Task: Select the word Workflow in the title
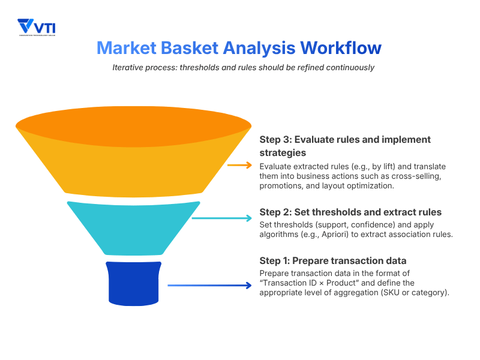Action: pyautogui.click(x=340, y=47)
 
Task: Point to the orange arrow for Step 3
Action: pyautogui.click(x=239, y=166)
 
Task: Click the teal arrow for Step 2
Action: pyautogui.click(x=222, y=218)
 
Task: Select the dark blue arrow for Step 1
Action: pyautogui.click(x=210, y=286)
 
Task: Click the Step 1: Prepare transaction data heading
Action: pyautogui.click(x=333, y=261)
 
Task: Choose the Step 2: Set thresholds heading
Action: pyautogui.click(x=350, y=212)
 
